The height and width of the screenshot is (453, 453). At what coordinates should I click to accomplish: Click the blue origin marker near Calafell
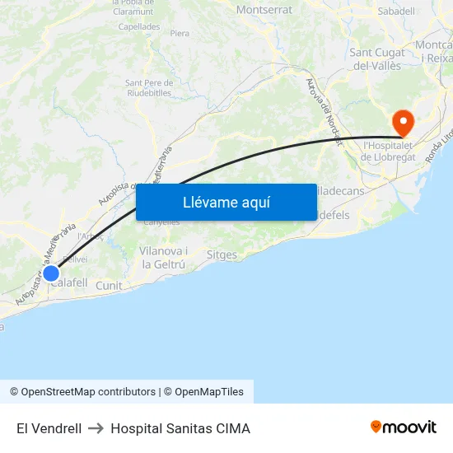tap(51, 273)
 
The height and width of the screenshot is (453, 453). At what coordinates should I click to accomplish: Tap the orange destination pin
tap(403, 123)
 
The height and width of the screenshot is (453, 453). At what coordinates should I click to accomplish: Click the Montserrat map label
tap(264, 10)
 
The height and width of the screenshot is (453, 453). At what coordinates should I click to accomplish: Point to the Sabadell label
tap(395, 12)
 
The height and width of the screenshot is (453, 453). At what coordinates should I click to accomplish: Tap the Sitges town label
tap(222, 255)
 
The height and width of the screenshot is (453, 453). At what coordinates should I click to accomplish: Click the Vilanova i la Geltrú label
tap(165, 257)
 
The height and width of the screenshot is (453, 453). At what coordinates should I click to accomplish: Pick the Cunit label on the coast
tap(109, 286)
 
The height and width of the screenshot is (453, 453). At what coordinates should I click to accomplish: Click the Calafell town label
tap(69, 283)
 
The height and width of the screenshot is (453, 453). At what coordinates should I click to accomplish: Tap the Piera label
tap(180, 34)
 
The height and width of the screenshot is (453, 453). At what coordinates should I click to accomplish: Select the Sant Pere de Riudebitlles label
tap(148, 87)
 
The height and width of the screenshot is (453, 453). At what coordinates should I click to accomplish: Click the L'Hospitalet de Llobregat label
tap(392, 151)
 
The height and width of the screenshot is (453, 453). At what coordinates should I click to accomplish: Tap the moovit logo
tap(403, 427)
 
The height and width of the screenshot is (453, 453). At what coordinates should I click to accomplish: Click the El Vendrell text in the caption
tap(49, 428)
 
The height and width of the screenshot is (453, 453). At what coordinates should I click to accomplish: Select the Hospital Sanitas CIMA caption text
tap(180, 428)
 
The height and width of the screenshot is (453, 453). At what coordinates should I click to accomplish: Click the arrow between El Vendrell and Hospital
tap(96, 428)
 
